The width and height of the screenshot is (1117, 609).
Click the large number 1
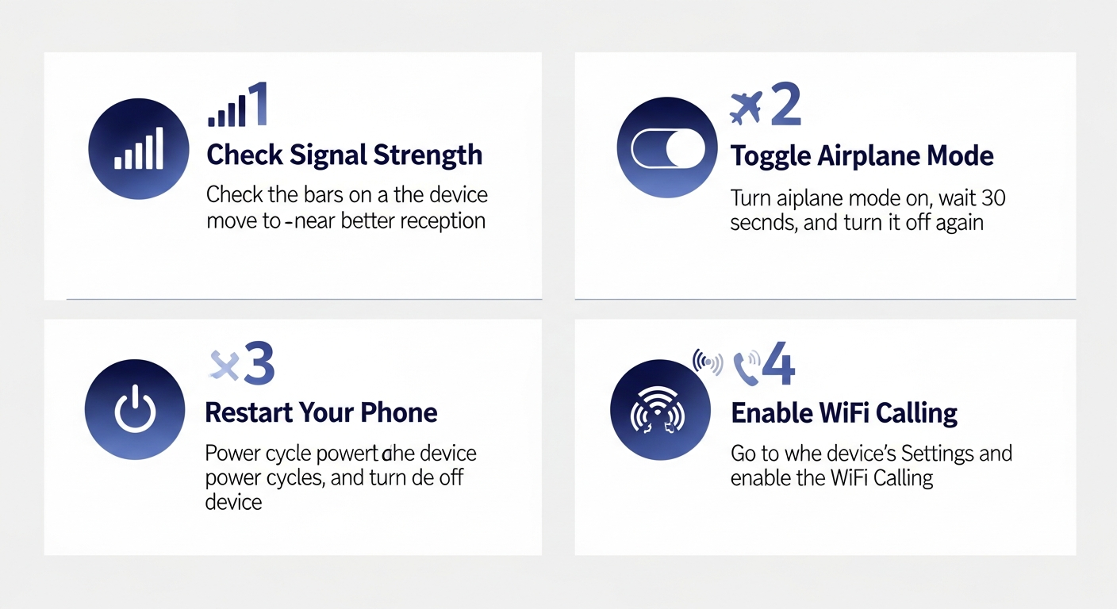[x=257, y=105]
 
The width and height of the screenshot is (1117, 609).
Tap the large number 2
[x=785, y=106]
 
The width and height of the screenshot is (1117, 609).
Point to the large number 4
[x=777, y=365]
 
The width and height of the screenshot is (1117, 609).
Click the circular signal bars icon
[x=139, y=149]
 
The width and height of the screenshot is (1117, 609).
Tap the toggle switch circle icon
[x=667, y=149]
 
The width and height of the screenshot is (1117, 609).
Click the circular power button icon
[x=135, y=409]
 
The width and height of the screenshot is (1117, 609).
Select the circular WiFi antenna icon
[x=660, y=409]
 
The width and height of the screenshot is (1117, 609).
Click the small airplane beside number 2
[x=746, y=108]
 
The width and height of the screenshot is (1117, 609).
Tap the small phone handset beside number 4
[x=746, y=366]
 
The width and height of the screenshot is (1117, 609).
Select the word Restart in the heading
[x=248, y=412]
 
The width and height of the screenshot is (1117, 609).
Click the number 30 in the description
[x=991, y=197]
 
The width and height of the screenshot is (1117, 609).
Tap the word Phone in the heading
[x=399, y=412]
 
